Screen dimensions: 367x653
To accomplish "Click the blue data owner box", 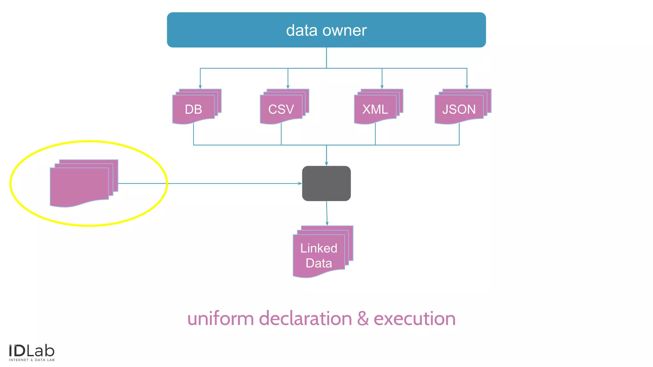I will click(326, 30).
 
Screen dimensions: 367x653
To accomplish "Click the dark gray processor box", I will click(326, 183).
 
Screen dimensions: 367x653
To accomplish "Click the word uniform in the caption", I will click(220, 319).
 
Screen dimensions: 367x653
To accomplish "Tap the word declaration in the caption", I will click(305, 319).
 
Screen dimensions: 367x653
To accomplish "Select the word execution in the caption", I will click(415, 319).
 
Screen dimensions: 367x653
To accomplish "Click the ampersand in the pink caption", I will click(363, 319).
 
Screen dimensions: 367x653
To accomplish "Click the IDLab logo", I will click(32, 351).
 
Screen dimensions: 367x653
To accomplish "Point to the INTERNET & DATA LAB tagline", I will click(32, 360).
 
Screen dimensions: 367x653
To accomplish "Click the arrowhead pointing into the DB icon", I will click(200, 87).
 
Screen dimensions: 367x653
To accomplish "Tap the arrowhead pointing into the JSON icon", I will click(467, 87).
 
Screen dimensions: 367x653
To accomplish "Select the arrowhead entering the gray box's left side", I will click(300, 183).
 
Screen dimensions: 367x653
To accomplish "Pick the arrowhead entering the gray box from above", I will click(326, 164).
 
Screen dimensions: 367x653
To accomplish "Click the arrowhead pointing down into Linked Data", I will click(327, 224).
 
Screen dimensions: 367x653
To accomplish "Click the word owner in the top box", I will click(345, 31).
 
